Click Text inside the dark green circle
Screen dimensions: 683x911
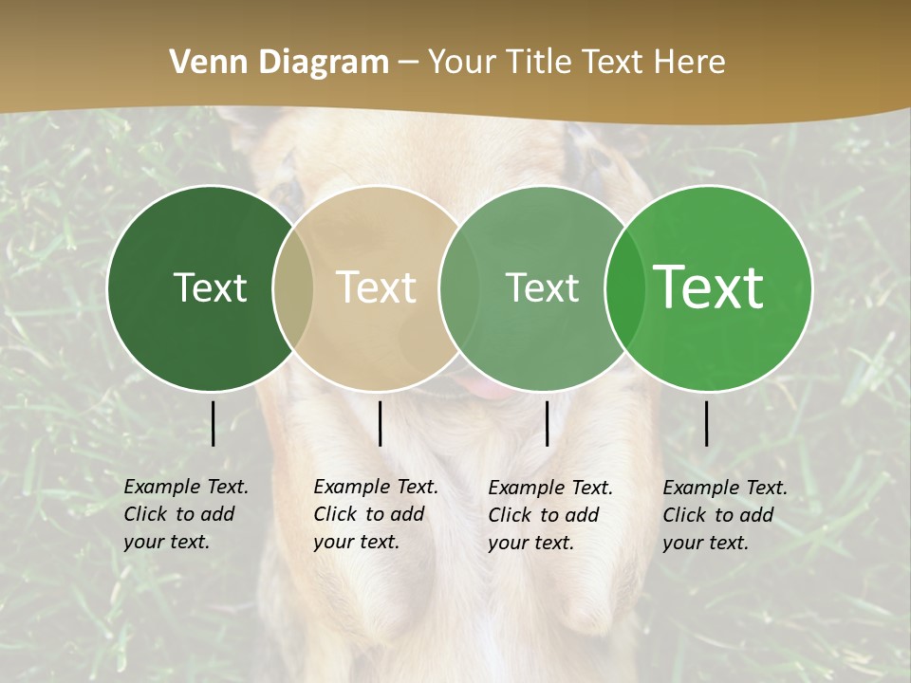coord(210,288)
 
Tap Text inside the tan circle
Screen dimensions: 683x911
coord(377,288)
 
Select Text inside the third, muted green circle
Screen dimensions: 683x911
coord(542,288)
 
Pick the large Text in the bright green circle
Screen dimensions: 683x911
coord(709,287)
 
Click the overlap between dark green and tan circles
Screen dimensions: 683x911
coord(293,288)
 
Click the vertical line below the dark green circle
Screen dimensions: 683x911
coord(214,423)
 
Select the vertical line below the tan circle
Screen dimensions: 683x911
coord(380,423)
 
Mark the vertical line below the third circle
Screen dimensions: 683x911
coord(547,423)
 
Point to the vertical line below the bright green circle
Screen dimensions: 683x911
coord(707,423)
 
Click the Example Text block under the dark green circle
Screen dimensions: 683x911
coord(186,514)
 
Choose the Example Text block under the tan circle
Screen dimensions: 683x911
coord(376,514)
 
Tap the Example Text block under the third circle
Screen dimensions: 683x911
coord(550,515)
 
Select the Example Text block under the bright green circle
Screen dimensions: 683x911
coord(725,515)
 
